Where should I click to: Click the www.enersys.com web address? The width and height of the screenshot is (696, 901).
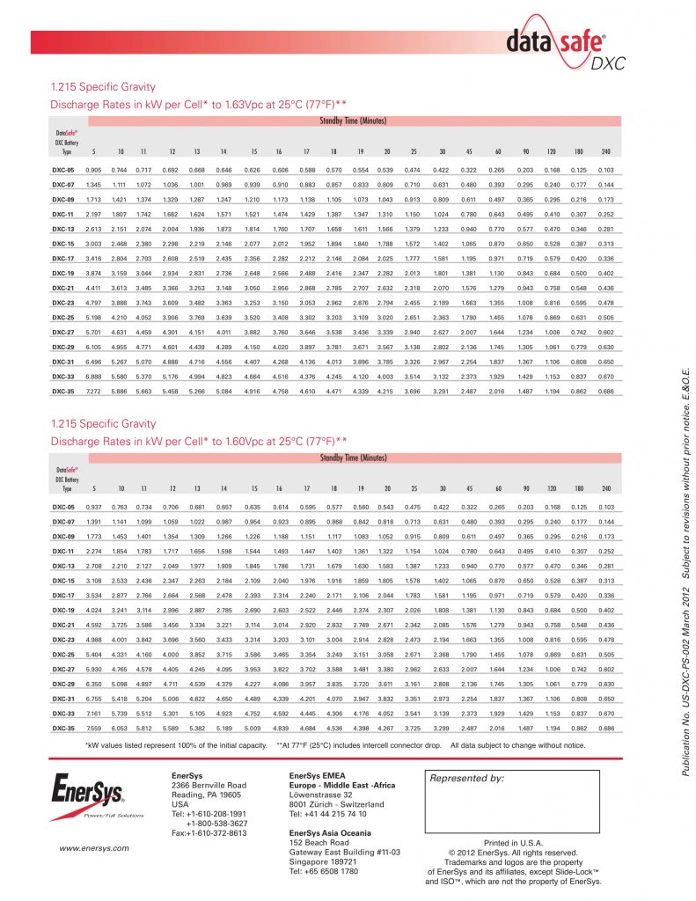click(x=94, y=848)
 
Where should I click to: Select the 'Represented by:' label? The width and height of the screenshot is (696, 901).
click(x=466, y=779)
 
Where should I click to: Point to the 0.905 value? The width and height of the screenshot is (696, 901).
click(x=93, y=170)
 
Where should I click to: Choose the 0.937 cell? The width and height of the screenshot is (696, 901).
click(x=93, y=508)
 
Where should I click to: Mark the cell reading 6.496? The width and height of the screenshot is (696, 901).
click(x=93, y=362)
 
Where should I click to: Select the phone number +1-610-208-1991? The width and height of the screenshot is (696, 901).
click(x=209, y=814)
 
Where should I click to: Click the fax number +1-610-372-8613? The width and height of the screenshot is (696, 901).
click(x=209, y=833)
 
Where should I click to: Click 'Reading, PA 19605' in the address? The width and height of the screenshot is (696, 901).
click(x=208, y=794)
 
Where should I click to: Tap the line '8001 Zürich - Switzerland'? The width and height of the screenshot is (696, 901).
click(x=336, y=804)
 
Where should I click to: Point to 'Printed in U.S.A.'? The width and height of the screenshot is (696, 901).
click(x=512, y=843)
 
